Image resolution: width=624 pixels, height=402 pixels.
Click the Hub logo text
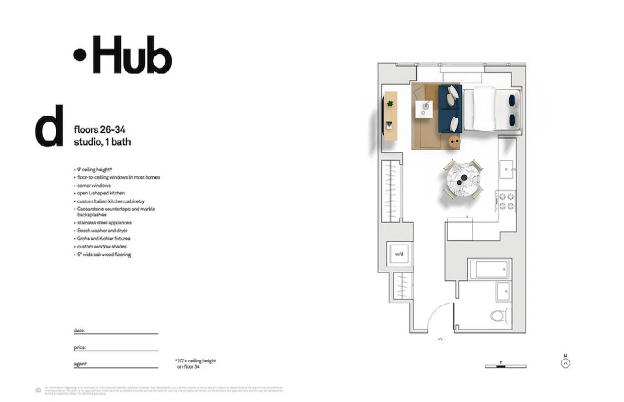(123, 54)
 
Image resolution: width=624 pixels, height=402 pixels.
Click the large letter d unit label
(49, 126)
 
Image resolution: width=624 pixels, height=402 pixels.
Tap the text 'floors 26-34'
(99, 130)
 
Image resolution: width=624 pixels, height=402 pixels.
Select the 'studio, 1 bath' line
(102, 142)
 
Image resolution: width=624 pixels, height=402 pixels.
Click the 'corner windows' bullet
(94, 185)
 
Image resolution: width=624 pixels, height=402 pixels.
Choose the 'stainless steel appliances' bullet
(104, 222)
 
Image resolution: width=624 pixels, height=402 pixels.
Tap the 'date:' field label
(79, 331)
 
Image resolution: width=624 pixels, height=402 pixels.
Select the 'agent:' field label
(80, 364)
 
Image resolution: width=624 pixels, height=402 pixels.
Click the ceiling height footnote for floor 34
(195, 364)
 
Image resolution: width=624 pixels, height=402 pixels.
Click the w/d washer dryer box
(399, 254)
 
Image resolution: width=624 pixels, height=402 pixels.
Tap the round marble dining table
(463, 179)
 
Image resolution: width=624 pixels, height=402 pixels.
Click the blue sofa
(450, 109)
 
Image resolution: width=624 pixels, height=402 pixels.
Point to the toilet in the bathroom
(499, 317)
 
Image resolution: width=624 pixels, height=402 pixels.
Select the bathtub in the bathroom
(489, 269)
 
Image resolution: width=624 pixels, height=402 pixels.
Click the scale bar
(505, 366)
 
